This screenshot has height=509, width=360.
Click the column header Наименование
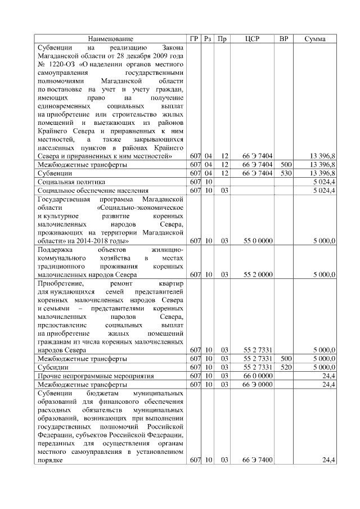[111, 39]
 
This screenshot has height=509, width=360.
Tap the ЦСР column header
[252, 39]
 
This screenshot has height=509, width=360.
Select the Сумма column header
[317, 39]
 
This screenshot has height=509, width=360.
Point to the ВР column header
[285, 39]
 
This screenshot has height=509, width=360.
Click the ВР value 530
[286, 173]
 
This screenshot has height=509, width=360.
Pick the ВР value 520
[286, 367]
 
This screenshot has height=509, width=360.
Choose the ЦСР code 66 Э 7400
[258, 460]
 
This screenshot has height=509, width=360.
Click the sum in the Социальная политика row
[326, 182]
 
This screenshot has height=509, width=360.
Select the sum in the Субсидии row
[325, 367]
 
